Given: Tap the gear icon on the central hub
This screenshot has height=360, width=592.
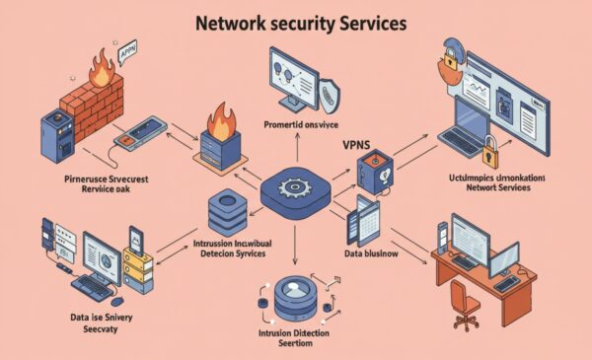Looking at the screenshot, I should click(x=295, y=188).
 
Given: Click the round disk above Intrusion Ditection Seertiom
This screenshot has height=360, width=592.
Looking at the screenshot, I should click(x=295, y=293).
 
